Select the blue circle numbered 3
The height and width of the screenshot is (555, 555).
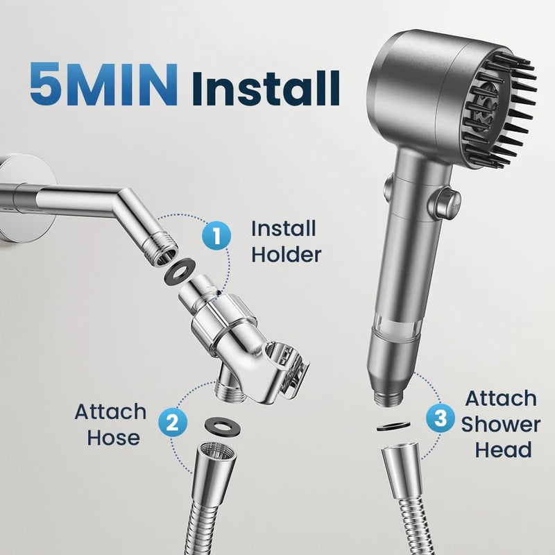pyautogui.click(x=439, y=418)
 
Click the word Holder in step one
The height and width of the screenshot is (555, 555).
pyautogui.click(x=286, y=255)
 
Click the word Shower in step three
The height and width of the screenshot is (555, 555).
pyautogui.click(x=500, y=424)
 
